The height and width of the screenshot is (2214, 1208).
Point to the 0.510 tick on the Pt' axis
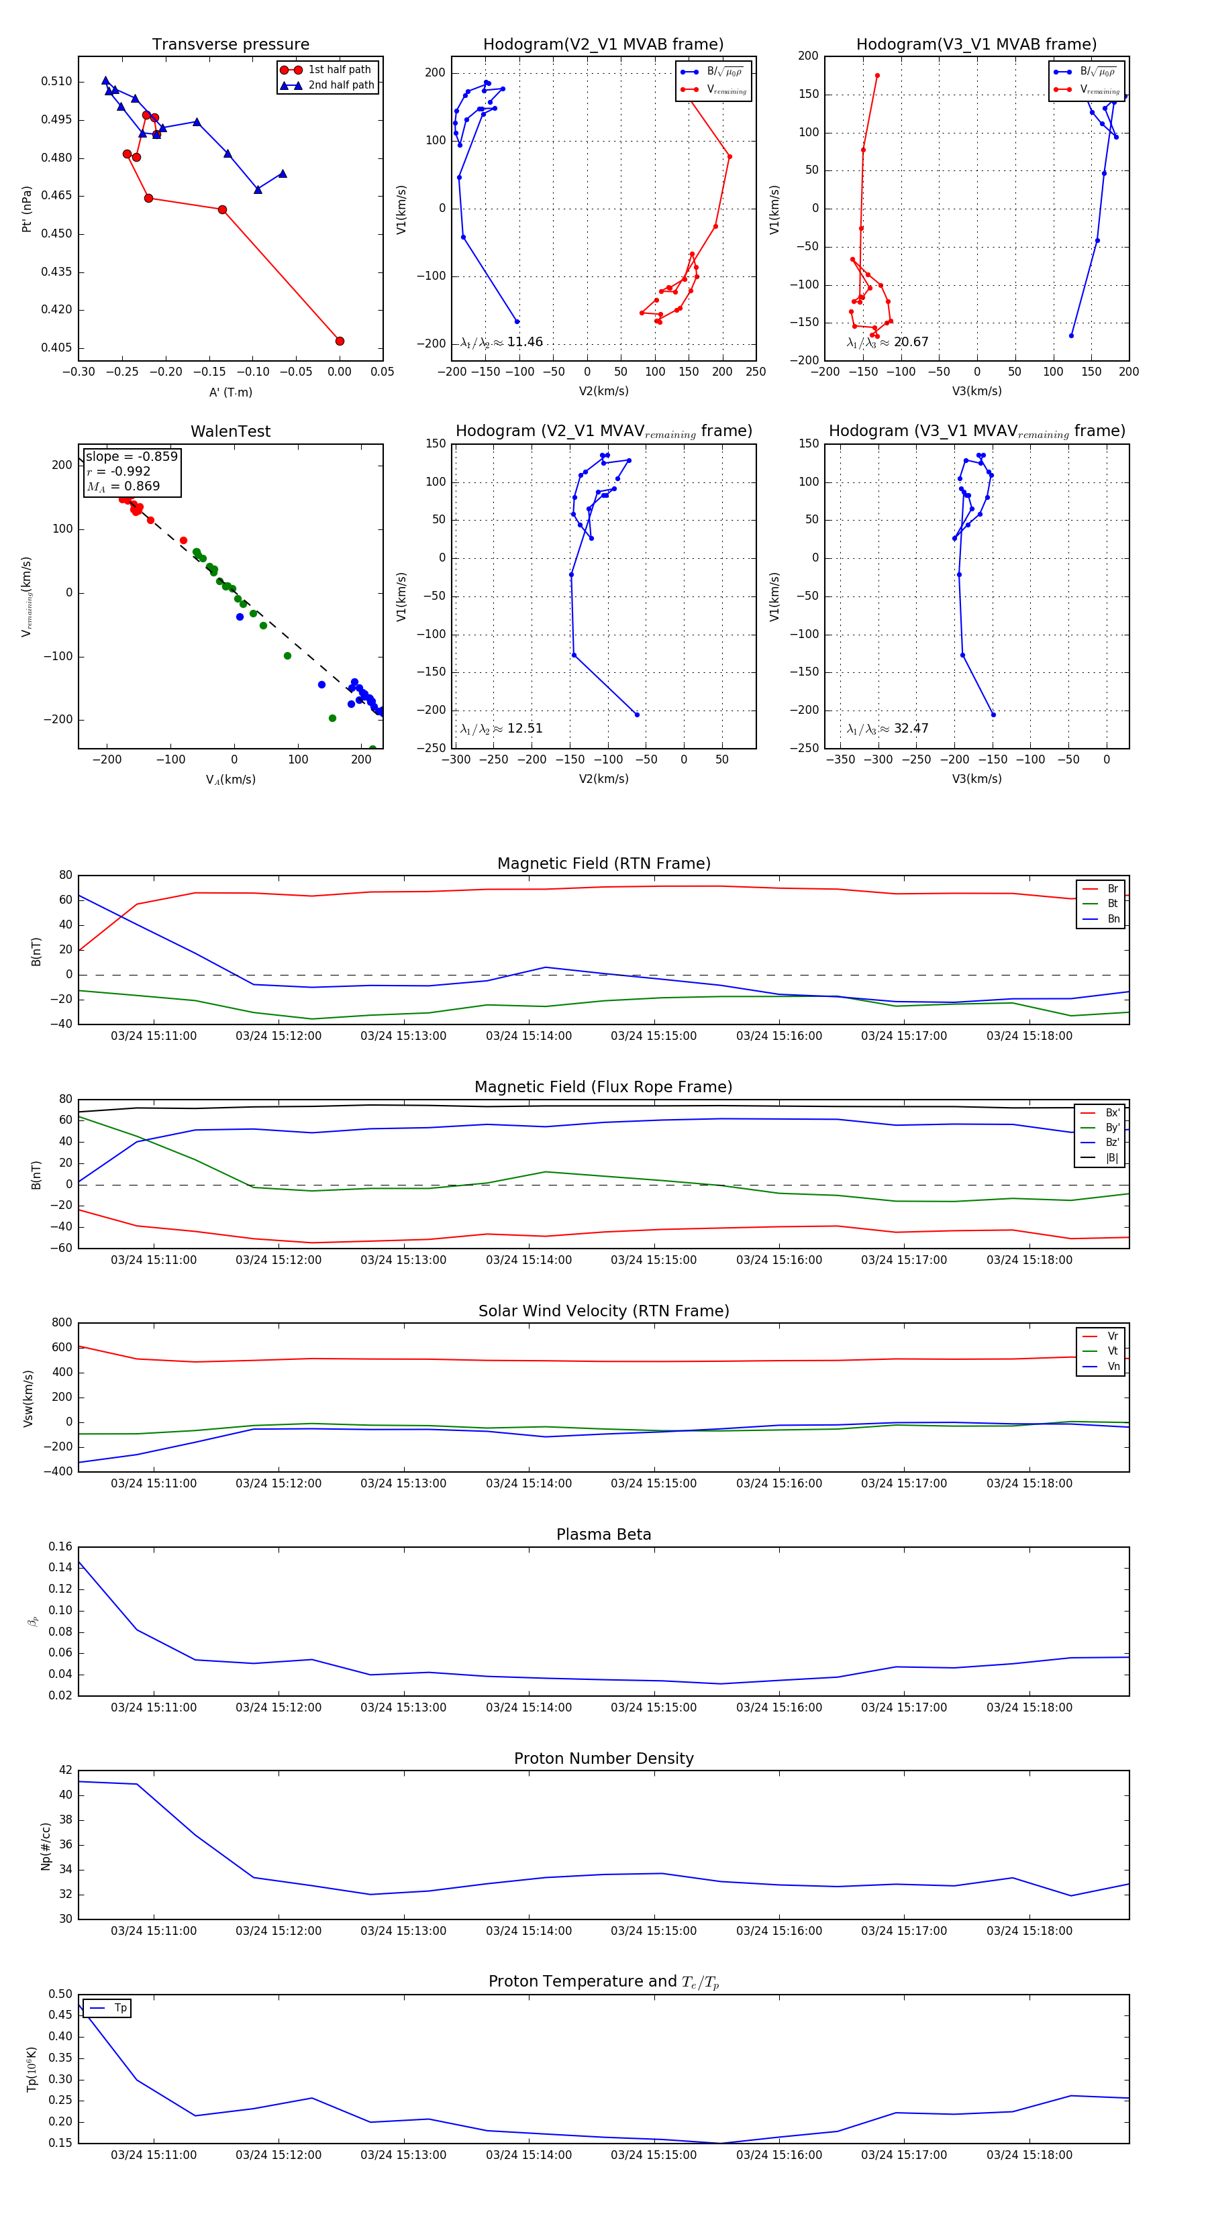[57, 82]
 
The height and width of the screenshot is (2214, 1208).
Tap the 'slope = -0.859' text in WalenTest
[132, 456]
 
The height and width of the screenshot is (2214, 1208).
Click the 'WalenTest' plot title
[230, 431]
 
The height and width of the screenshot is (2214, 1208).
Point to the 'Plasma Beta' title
[603, 1535]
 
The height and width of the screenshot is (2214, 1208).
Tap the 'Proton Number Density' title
[603, 1758]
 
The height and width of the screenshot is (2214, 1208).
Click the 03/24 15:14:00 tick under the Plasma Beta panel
[529, 1707]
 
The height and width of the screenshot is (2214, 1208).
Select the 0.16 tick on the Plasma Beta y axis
[60, 1547]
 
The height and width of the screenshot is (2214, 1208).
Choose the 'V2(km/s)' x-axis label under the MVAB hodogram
[603, 391]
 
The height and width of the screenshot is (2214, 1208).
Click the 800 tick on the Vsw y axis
[62, 1323]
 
